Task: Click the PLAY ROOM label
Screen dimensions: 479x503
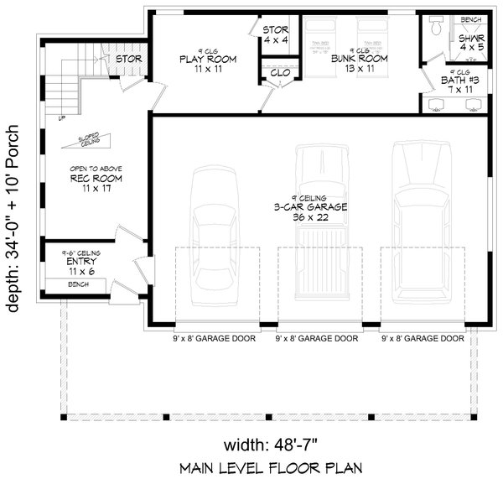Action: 206,60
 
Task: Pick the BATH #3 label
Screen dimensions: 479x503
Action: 461,81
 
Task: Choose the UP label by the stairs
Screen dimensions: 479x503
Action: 61,118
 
